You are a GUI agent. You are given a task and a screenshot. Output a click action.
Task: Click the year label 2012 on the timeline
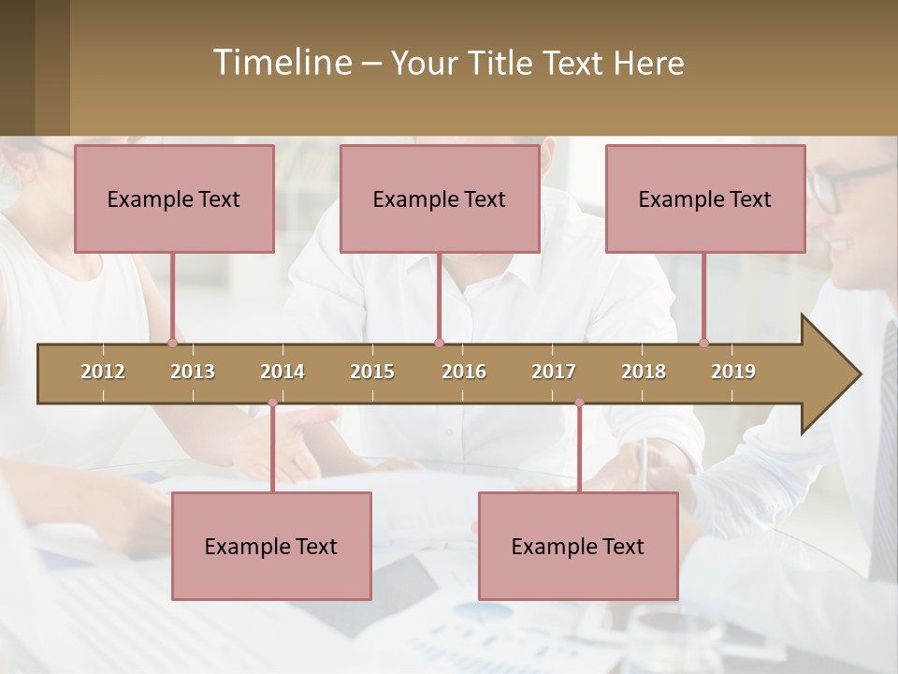click(x=103, y=372)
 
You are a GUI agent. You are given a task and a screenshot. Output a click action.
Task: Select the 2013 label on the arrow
click(x=193, y=372)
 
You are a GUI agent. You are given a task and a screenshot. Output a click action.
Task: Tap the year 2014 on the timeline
click(x=282, y=372)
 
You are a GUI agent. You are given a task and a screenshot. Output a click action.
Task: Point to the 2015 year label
click(x=372, y=372)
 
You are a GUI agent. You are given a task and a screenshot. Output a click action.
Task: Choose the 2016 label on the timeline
click(x=464, y=372)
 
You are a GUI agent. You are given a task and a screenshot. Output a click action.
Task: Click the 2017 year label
click(x=554, y=372)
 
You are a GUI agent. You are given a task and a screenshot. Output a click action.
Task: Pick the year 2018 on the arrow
click(x=644, y=372)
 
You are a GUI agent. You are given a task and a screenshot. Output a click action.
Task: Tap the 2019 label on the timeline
click(x=733, y=372)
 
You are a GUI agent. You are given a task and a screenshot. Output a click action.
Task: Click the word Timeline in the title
click(x=281, y=63)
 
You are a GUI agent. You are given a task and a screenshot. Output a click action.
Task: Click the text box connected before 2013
click(x=174, y=198)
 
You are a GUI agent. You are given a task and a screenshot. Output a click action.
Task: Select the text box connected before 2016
click(x=440, y=198)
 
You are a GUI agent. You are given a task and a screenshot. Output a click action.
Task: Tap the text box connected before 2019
click(x=705, y=198)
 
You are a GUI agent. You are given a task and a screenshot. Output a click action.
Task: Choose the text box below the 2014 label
click(x=271, y=546)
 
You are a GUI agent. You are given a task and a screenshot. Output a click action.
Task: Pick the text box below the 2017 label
click(x=578, y=546)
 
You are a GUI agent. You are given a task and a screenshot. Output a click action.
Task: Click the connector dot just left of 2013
click(x=172, y=343)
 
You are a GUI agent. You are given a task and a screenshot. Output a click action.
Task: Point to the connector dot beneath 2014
click(x=272, y=403)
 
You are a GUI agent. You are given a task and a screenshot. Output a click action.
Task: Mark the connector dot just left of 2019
click(x=703, y=343)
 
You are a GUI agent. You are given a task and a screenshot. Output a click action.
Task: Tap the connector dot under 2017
click(x=579, y=403)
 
